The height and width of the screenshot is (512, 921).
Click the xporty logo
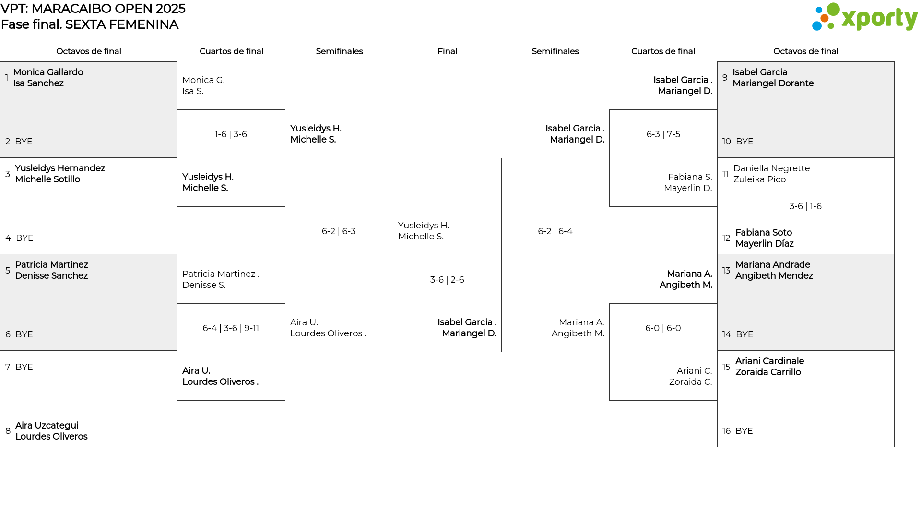(864, 17)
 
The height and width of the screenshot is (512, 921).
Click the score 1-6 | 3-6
(231, 134)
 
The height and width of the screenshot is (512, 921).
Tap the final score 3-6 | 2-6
(447, 280)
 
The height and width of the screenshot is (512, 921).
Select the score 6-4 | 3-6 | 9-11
(231, 328)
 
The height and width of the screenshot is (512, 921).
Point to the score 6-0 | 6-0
(663, 328)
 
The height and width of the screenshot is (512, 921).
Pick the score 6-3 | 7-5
(663, 134)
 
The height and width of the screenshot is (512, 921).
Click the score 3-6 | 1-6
(805, 206)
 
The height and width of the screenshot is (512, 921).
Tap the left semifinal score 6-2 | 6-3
(339, 231)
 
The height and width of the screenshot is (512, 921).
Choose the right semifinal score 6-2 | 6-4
(555, 231)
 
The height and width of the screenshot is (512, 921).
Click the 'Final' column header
(447, 51)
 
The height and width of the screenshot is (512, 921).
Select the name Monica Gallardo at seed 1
(48, 72)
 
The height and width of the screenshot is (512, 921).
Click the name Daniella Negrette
(771, 168)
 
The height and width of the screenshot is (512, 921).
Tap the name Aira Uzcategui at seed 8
(47, 426)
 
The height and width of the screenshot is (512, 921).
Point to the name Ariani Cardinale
(769, 361)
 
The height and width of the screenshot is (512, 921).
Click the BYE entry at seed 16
(744, 431)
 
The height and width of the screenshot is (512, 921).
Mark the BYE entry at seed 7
(24, 367)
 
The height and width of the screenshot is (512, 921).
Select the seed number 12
(726, 238)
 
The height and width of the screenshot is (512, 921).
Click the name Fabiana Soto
(764, 233)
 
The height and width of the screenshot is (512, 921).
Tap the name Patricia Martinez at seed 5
(51, 265)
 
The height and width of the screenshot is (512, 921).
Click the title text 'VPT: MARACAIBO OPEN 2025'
(93, 9)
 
